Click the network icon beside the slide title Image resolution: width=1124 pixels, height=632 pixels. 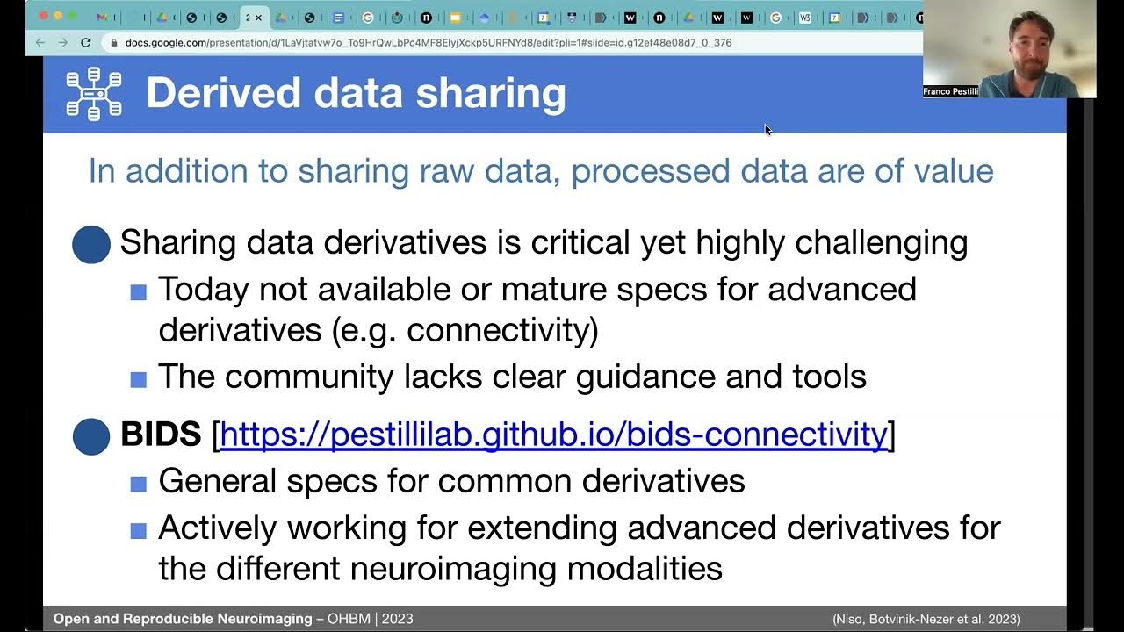tap(94, 93)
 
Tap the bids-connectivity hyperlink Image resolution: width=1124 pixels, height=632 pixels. tap(553, 434)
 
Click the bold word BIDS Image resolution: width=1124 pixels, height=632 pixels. tap(161, 434)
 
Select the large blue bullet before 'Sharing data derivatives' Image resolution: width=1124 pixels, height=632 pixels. tap(91, 245)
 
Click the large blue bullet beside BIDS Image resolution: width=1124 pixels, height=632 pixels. tap(91, 436)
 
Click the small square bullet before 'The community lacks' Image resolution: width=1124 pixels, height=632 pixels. tap(138, 379)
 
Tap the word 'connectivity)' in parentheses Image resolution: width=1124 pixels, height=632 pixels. tap(502, 330)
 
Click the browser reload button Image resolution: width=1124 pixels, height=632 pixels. tap(85, 42)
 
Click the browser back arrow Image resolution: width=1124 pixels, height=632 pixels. tap(40, 42)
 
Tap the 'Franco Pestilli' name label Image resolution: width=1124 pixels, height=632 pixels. tap(950, 91)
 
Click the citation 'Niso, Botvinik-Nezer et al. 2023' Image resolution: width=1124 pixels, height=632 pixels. tap(926, 620)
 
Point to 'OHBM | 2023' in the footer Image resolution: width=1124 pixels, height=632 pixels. tap(371, 619)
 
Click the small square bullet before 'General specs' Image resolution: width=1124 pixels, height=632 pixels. tap(138, 484)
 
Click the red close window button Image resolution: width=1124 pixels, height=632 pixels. tap(43, 17)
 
